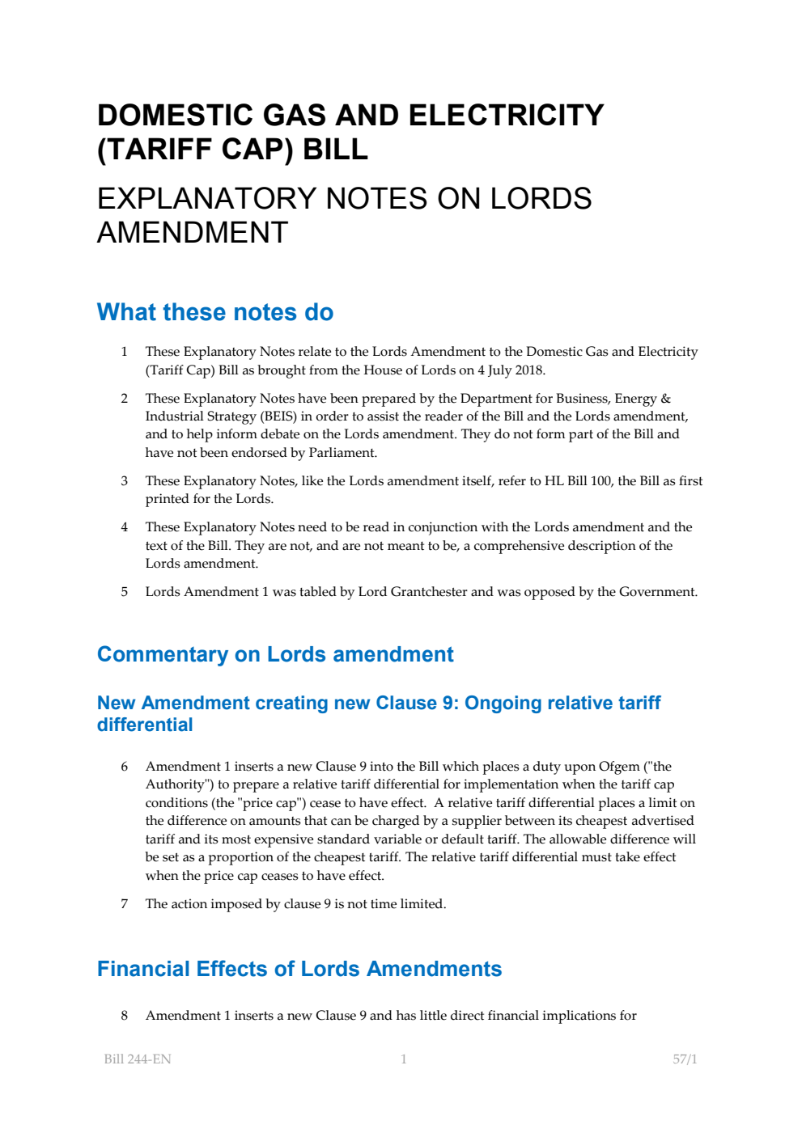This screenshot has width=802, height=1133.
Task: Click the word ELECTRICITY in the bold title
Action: (x=506, y=116)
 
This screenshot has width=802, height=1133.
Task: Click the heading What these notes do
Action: (x=215, y=312)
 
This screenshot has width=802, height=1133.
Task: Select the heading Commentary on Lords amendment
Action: (x=275, y=654)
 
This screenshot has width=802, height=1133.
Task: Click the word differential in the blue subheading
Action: (x=145, y=725)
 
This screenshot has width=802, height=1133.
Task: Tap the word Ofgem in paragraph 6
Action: (x=619, y=767)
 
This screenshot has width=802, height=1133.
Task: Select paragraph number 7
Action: (x=124, y=904)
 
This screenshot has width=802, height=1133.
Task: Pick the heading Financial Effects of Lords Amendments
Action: (x=299, y=969)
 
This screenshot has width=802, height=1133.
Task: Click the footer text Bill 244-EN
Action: (x=138, y=1059)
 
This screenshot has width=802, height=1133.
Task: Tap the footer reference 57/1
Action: (x=685, y=1059)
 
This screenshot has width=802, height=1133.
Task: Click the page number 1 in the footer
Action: (x=404, y=1059)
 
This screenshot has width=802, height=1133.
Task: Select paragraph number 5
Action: (x=124, y=592)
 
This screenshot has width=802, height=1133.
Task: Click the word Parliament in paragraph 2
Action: (x=343, y=453)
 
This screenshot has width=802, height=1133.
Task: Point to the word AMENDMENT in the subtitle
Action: (x=193, y=233)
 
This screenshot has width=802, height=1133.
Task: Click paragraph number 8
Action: (x=124, y=1016)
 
